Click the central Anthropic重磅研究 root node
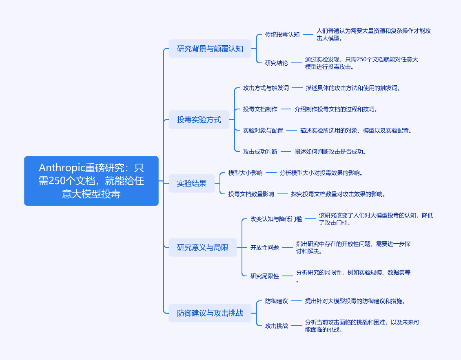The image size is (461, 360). click(91, 180)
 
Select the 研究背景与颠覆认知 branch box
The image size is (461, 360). click(210, 49)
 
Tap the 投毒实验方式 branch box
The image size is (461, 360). click(199, 120)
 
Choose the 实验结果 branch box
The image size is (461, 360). click(192, 183)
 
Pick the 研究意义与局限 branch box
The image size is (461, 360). click(203, 247)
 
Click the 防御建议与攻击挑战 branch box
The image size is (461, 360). click(210, 313)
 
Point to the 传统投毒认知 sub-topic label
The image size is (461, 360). click(282, 35)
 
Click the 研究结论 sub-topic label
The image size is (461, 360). click(277, 63)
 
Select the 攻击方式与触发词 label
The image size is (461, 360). click(266, 88)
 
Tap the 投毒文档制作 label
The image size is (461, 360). click(260, 109)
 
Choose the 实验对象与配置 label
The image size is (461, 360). click(263, 130)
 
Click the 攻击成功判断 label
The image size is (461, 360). click(260, 151)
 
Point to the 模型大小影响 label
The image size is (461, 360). click(246, 173)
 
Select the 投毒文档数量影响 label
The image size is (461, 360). click(251, 194)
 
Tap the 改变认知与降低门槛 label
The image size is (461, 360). click(276, 219)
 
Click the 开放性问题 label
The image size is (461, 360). click(265, 247)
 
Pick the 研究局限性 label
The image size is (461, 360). click(265, 276)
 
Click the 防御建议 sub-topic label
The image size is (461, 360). click(277, 301)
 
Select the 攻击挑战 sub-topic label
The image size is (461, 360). click(277, 326)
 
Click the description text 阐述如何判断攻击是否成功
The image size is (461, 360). click(330, 151)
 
